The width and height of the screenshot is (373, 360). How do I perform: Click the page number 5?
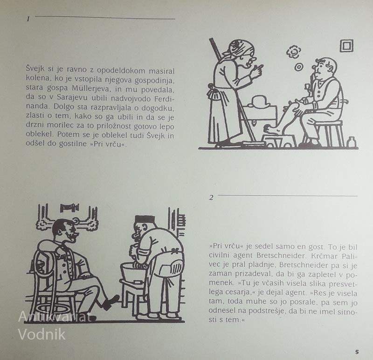pyautogui.click(x=357, y=352)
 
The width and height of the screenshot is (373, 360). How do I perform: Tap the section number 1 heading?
pyautogui.click(x=28, y=19)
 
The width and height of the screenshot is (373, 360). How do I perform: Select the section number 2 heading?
pyautogui.click(x=211, y=197)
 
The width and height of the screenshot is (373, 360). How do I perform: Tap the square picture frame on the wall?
pyautogui.click(x=346, y=46)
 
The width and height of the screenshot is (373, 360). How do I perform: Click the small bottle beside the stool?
pyautogui.click(x=351, y=142)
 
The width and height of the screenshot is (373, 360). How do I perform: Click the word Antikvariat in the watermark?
pyautogui.click(x=55, y=317)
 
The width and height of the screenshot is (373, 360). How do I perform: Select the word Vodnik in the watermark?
pyautogui.click(x=42, y=334)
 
